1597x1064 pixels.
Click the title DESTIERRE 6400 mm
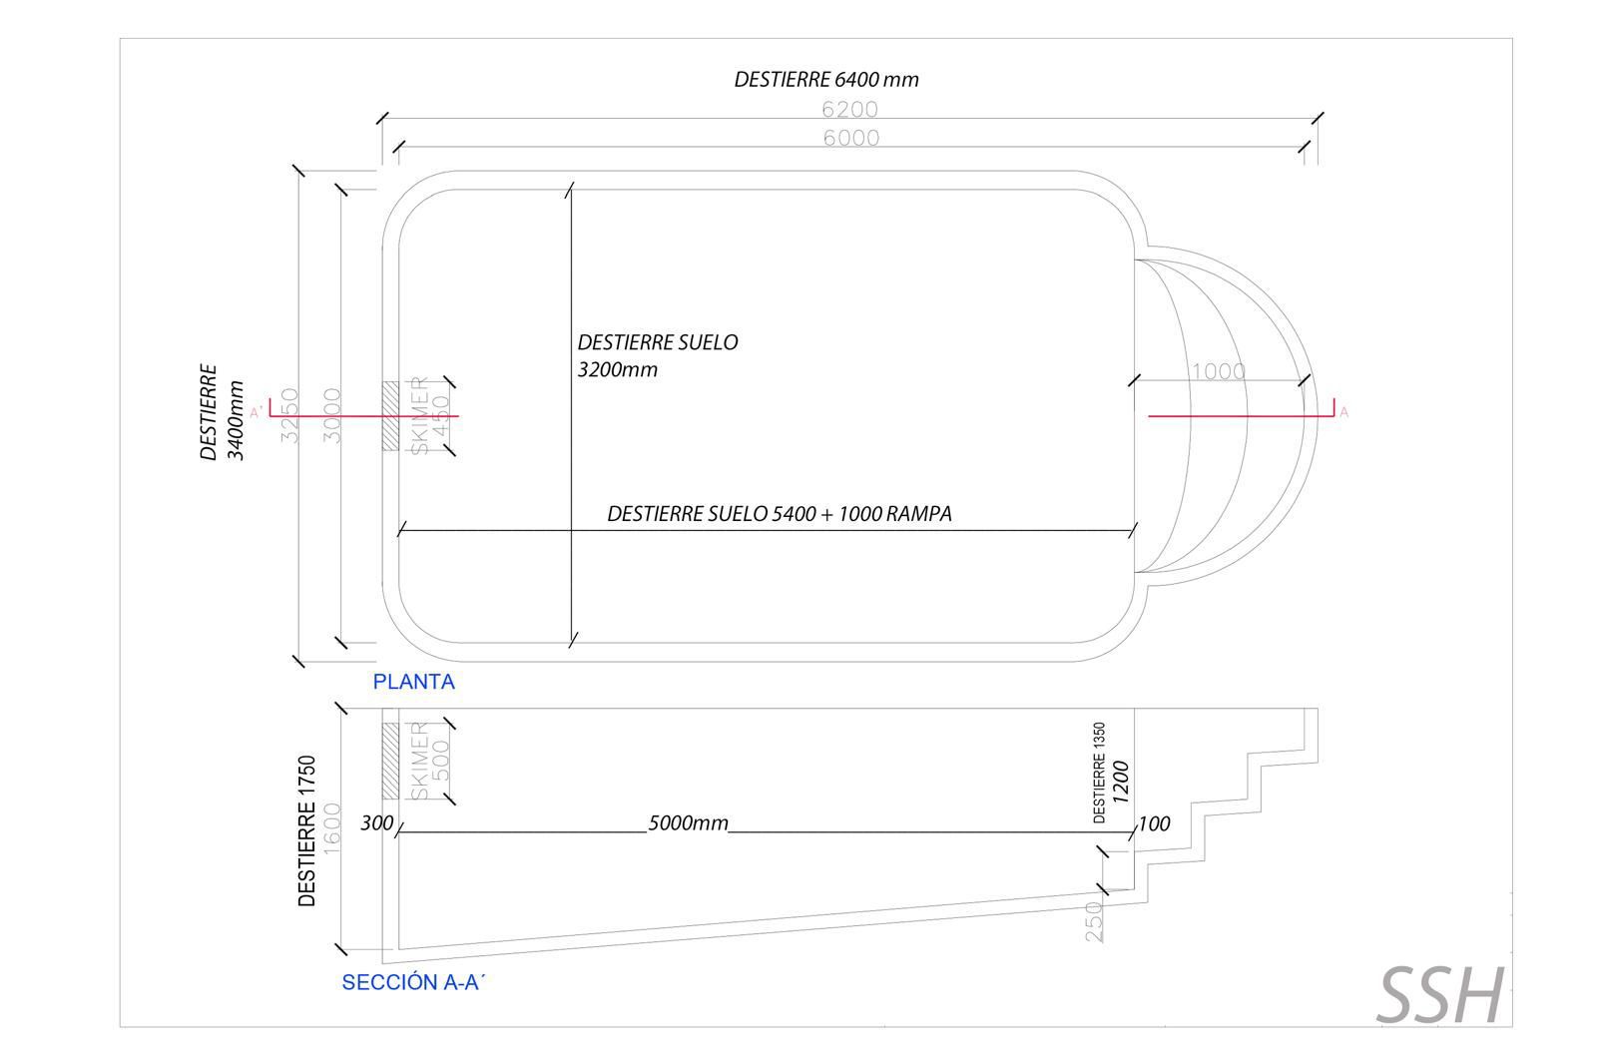tap(825, 80)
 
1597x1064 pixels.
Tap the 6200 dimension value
tap(849, 109)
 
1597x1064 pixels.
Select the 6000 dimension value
tap(850, 138)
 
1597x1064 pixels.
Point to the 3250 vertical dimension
tap(289, 414)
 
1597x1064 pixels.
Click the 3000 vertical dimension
tap(333, 414)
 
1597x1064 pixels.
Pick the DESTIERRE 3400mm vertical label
tap(222, 411)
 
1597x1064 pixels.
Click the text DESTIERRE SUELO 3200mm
tap(657, 355)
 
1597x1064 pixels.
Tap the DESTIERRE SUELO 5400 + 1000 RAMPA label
tap(779, 514)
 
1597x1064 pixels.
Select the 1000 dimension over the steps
tap(1219, 371)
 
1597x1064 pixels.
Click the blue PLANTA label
tap(413, 682)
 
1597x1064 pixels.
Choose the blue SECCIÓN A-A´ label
tap(412, 982)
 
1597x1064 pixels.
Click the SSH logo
tap(1440, 995)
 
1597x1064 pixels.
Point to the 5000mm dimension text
tap(688, 824)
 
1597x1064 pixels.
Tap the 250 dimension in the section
tap(1094, 920)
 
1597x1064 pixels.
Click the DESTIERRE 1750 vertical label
tap(306, 830)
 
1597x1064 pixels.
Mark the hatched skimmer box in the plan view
tap(390, 415)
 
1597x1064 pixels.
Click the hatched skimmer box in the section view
tap(390, 760)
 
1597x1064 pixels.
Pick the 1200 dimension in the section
tap(1120, 783)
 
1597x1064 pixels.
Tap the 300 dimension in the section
tap(376, 824)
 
